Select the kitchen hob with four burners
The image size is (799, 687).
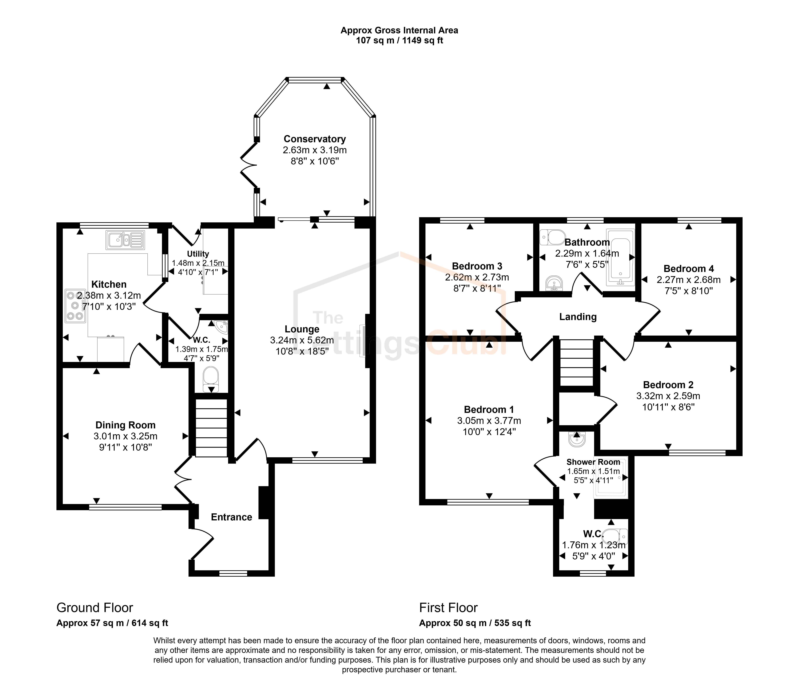(75, 306)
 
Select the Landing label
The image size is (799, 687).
(578, 317)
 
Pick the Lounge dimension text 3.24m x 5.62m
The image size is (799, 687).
(302, 340)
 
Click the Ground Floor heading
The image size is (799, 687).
(95, 608)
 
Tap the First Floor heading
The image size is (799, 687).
(449, 608)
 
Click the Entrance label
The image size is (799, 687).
(231, 517)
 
